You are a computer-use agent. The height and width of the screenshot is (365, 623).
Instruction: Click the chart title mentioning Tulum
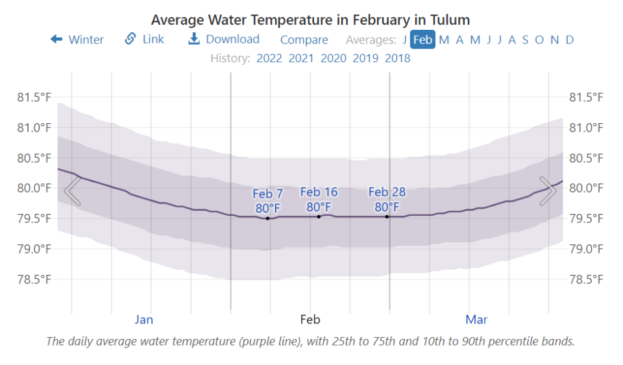[310, 20]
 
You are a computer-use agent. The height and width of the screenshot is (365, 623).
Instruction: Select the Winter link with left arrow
[77, 40]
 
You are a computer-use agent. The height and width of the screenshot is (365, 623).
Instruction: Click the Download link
[224, 40]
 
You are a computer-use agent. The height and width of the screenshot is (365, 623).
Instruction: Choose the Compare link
[304, 40]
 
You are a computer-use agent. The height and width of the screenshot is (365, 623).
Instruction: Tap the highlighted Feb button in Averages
[422, 40]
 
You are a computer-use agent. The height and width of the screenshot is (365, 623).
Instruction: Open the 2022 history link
[269, 58]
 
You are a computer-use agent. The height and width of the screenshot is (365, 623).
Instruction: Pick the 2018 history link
[397, 58]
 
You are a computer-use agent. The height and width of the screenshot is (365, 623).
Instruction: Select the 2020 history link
[334, 58]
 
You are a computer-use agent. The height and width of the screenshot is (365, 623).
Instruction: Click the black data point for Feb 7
[267, 218]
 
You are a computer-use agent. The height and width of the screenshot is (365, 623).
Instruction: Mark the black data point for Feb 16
[319, 217]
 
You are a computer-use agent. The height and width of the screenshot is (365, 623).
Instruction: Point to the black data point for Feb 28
[387, 217]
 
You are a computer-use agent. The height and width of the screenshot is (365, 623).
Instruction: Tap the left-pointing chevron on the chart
[73, 191]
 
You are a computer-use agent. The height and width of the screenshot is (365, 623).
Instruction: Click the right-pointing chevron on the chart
[548, 191]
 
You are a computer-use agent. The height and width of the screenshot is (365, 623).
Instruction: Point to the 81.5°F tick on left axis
[34, 97]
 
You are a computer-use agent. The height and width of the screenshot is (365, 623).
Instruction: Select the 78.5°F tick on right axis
[586, 279]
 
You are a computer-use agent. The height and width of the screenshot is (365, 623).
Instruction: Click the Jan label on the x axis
[144, 320]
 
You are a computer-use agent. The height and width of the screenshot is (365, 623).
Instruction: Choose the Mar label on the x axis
[476, 320]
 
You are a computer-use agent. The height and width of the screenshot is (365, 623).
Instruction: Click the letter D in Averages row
[570, 40]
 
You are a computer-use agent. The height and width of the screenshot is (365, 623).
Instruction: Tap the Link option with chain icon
[145, 40]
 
